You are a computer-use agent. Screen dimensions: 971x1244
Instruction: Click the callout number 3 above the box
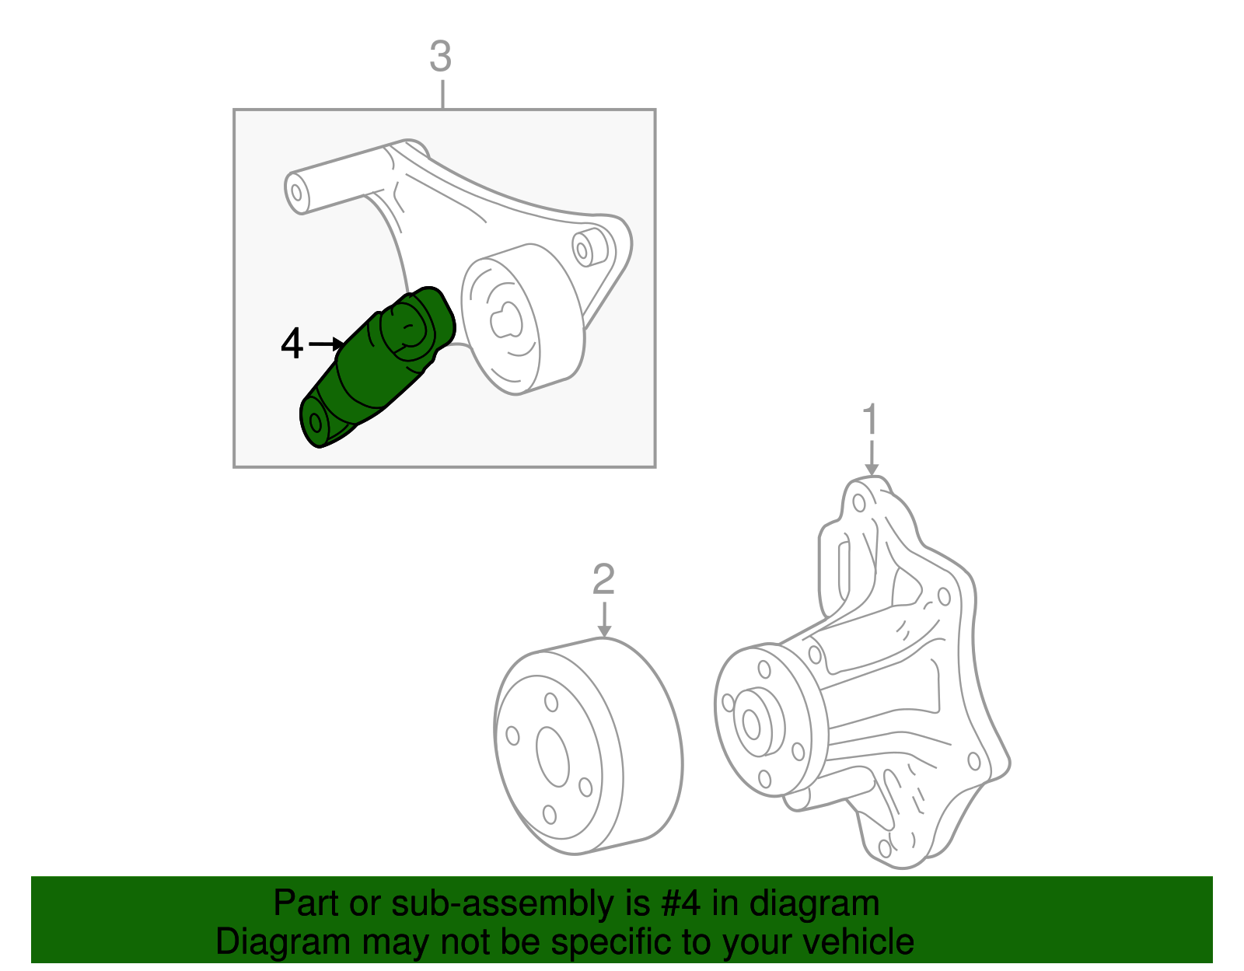440,58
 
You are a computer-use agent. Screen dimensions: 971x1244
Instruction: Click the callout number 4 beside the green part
292,344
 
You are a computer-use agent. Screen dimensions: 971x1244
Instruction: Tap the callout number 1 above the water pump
871,420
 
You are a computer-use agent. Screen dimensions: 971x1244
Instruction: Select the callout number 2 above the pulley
603,579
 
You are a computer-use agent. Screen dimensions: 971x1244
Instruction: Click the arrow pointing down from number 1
872,459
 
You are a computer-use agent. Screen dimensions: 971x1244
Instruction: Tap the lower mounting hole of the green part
316,422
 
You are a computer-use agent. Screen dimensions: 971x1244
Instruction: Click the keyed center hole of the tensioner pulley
505,319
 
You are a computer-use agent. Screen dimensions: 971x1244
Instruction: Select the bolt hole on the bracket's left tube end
295,191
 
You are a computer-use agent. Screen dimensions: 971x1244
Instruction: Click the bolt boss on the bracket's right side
584,248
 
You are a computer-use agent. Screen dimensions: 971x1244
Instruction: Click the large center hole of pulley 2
553,756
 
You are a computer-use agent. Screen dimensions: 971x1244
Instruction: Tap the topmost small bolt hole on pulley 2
551,702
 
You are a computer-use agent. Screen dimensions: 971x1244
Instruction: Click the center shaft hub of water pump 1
751,724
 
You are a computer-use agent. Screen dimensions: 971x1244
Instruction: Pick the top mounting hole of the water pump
859,502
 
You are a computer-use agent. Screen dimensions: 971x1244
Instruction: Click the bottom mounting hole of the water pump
885,848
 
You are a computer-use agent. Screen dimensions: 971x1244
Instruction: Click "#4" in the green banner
681,904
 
